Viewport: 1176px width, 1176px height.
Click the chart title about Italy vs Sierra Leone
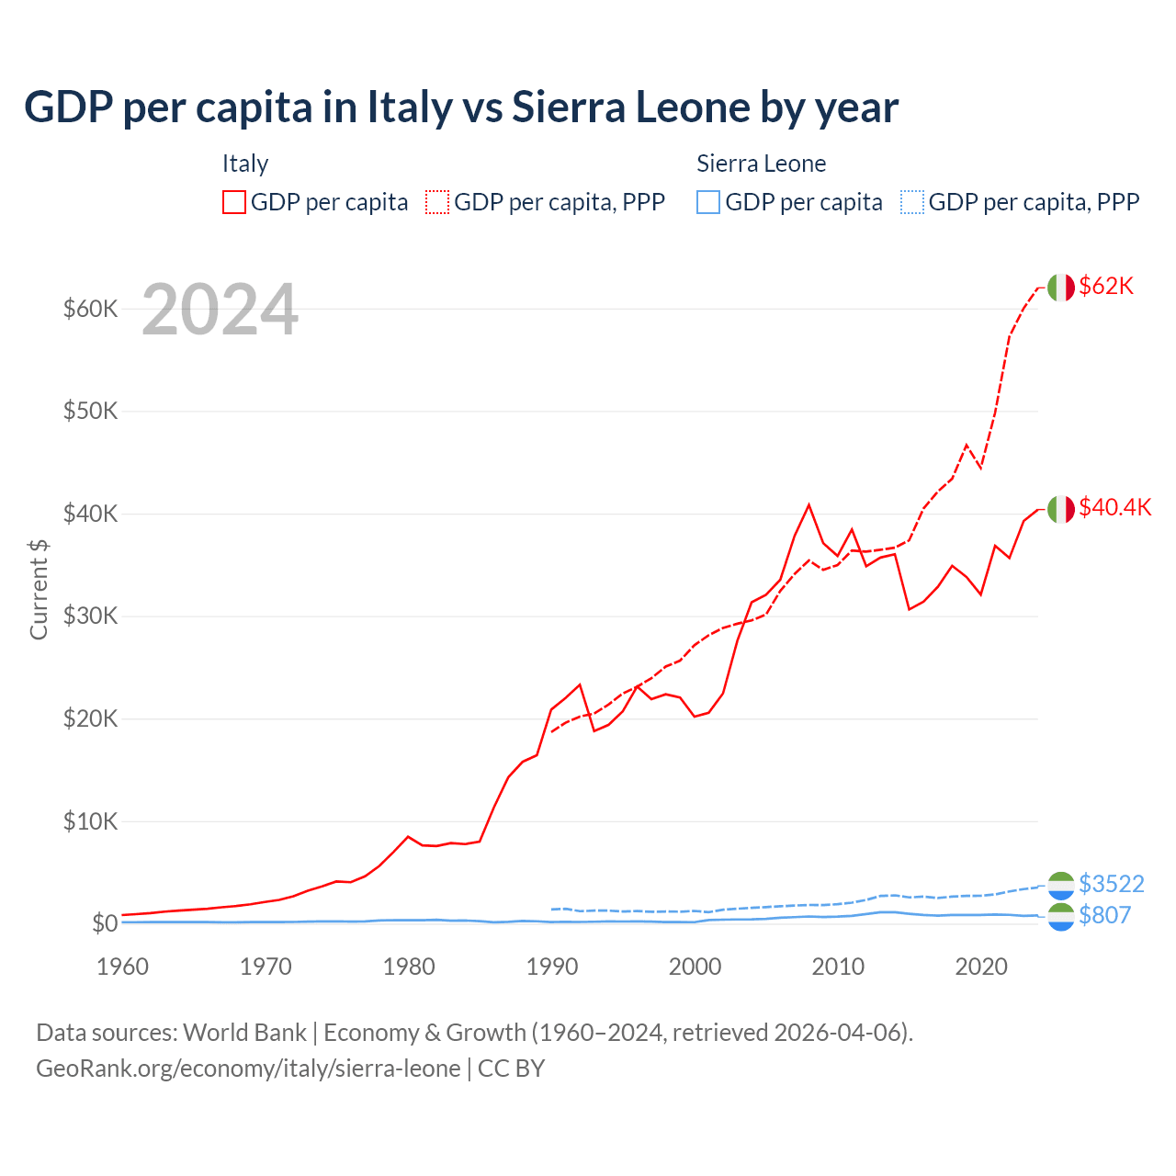(460, 107)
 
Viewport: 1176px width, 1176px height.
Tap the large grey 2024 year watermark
(220, 310)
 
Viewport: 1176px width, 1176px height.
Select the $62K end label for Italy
(1106, 287)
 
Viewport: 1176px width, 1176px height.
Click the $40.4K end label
(1114, 507)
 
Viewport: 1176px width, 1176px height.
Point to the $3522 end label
(1111, 884)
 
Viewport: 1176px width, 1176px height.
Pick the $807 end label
(1104, 915)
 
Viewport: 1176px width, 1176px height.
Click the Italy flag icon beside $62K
(1060, 288)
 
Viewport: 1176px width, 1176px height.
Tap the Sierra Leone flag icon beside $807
(1060, 916)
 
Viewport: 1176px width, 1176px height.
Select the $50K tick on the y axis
(90, 411)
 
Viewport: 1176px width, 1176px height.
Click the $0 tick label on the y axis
(104, 923)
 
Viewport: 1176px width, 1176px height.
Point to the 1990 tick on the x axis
(552, 967)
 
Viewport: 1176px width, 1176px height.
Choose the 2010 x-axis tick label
(838, 967)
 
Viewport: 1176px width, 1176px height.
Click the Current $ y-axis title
(39, 589)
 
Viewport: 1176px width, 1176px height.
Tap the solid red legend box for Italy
(234, 202)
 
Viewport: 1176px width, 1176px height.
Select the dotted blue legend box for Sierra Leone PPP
(911, 202)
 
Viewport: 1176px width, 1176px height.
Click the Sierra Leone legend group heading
(761, 164)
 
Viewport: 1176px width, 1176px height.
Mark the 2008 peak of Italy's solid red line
(808, 504)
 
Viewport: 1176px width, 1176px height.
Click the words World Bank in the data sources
(244, 1033)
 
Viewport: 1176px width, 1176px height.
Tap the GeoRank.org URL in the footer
(248, 1069)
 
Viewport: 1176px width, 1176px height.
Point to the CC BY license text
(512, 1069)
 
